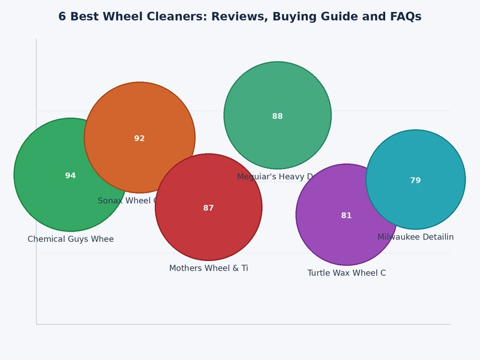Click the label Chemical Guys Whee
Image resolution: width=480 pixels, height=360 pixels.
(70, 239)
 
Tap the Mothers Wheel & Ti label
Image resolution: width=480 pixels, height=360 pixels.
(208, 268)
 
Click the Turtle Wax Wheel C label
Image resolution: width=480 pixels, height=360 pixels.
(346, 273)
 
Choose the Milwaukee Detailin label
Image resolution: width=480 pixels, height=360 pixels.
(415, 237)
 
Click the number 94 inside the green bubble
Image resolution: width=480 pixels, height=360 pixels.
(70, 176)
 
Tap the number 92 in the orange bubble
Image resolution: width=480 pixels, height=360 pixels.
(139, 139)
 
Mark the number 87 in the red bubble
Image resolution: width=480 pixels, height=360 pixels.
(208, 208)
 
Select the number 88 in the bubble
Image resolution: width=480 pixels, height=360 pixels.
(277, 116)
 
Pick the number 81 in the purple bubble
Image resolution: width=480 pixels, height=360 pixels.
(346, 215)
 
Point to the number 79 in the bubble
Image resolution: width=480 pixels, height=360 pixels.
(415, 181)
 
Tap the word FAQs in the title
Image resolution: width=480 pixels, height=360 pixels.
(403, 17)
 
